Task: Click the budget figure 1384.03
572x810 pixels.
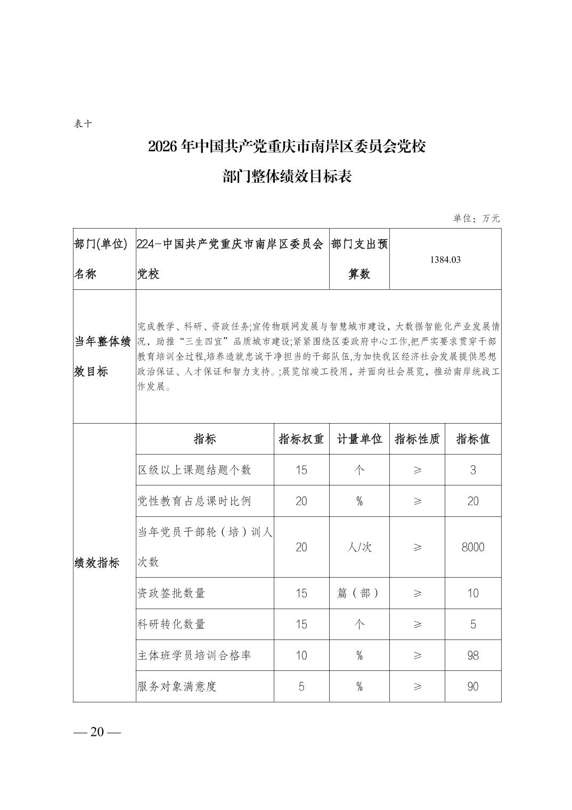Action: (x=445, y=260)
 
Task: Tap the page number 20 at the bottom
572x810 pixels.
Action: (x=97, y=732)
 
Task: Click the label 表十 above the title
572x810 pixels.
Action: (x=84, y=124)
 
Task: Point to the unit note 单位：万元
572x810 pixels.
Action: (x=477, y=218)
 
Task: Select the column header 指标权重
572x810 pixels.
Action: (x=301, y=439)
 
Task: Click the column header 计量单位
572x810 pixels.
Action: (x=359, y=439)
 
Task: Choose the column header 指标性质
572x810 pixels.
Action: (x=417, y=439)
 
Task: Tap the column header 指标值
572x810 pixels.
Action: (x=473, y=439)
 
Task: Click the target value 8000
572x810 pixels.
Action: (x=473, y=547)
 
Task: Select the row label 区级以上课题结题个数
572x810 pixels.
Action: (x=194, y=470)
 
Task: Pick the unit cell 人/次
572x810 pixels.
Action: (x=359, y=547)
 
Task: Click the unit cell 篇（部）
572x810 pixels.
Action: (x=359, y=593)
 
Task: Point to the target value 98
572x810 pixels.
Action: (x=473, y=655)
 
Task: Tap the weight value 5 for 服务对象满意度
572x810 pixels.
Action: (x=301, y=686)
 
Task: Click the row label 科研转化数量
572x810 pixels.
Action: (x=171, y=624)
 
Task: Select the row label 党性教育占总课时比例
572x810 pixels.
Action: (x=194, y=501)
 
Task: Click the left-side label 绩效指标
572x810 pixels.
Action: (x=97, y=563)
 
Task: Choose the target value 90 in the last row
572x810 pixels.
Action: (x=473, y=686)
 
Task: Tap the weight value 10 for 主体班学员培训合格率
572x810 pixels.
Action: (x=301, y=655)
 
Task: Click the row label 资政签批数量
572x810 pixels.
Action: (x=171, y=593)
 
